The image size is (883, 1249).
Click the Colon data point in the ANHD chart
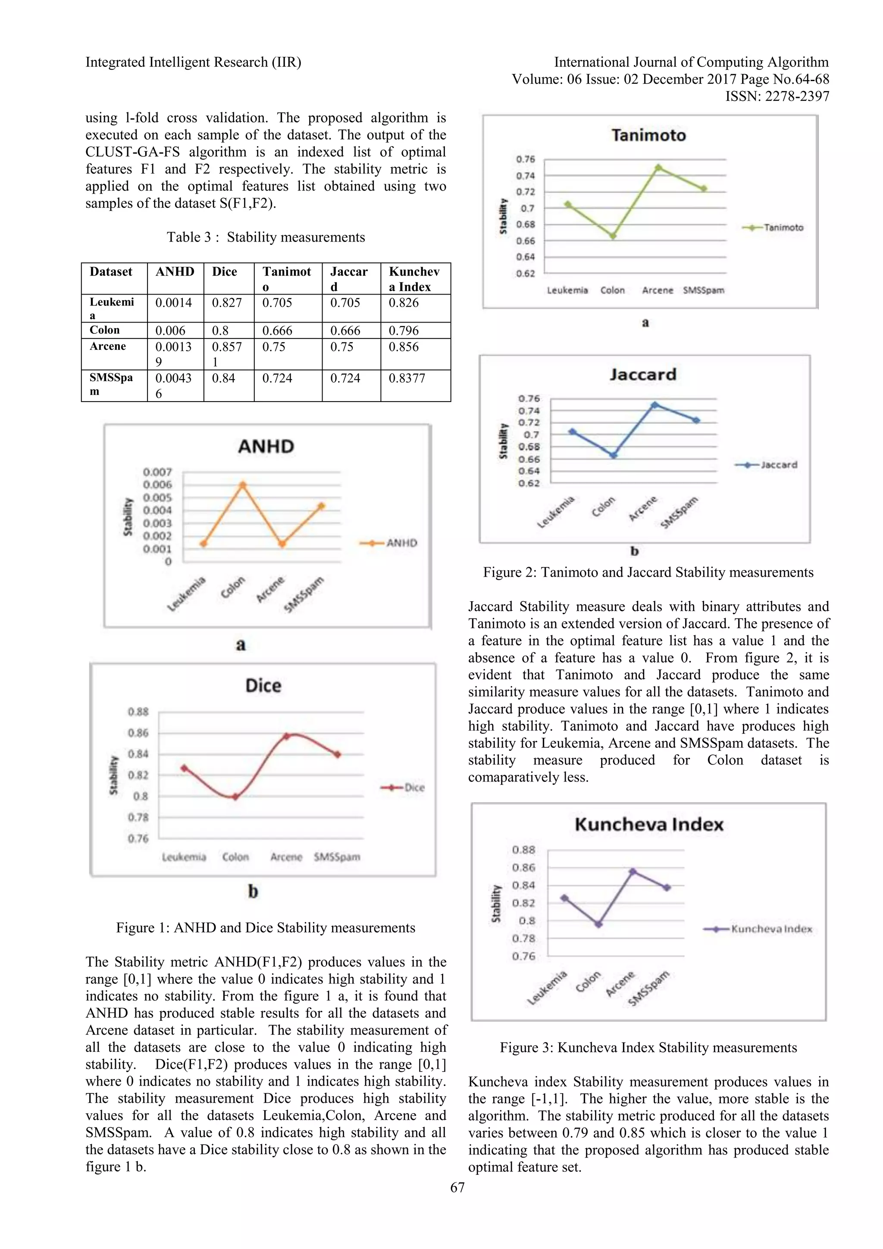(242, 485)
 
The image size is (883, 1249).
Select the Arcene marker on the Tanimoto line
(658, 167)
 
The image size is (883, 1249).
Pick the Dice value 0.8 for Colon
(220, 330)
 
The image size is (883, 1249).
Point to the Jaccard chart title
(643, 374)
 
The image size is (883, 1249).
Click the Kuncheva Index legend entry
(771, 929)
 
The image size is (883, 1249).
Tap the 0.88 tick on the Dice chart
(138, 712)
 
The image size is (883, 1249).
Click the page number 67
(457, 1187)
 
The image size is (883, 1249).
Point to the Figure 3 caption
(648, 1047)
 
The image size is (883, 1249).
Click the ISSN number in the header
(777, 96)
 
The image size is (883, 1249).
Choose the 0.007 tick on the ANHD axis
(157, 472)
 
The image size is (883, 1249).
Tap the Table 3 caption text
(265, 237)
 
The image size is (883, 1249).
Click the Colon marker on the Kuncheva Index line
(598, 924)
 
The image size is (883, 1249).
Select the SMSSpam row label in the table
(111, 383)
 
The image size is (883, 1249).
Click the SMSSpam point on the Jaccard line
(696, 420)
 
